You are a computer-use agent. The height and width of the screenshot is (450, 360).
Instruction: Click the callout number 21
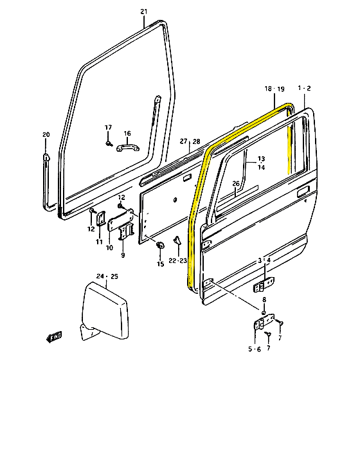click(x=143, y=12)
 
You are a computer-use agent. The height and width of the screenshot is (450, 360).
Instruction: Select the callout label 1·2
click(x=304, y=87)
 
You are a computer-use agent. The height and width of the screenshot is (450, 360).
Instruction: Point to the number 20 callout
click(x=46, y=135)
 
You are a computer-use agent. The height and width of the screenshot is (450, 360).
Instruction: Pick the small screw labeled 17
click(x=109, y=143)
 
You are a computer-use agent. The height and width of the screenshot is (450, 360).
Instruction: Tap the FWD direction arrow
click(x=54, y=336)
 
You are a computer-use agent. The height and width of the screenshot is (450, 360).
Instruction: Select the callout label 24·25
click(x=107, y=276)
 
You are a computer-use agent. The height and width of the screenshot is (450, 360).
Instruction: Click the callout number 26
click(x=236, y=184)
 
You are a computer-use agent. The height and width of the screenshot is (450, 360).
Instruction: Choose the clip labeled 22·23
click(x=175, y=244)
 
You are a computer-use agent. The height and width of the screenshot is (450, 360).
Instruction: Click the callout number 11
click(x=99, y=242)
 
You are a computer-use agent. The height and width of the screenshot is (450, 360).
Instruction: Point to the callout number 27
click(x=183, y=141)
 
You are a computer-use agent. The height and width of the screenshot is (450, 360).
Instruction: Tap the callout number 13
click(x=261, y=159)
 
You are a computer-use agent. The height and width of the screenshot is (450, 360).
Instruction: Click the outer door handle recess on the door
click(x=303, y=192)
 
